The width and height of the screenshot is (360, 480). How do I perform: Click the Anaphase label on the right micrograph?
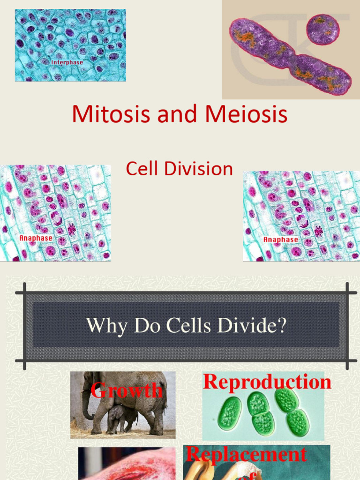click(280, 240)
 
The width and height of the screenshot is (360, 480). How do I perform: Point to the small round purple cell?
click(322, 29)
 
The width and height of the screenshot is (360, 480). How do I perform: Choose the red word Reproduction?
click(267, 382)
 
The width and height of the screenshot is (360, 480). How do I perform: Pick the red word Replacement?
click(246, 454)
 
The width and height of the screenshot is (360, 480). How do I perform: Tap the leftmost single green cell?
click(229, 413)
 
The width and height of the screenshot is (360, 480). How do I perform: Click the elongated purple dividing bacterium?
click(289, 57)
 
